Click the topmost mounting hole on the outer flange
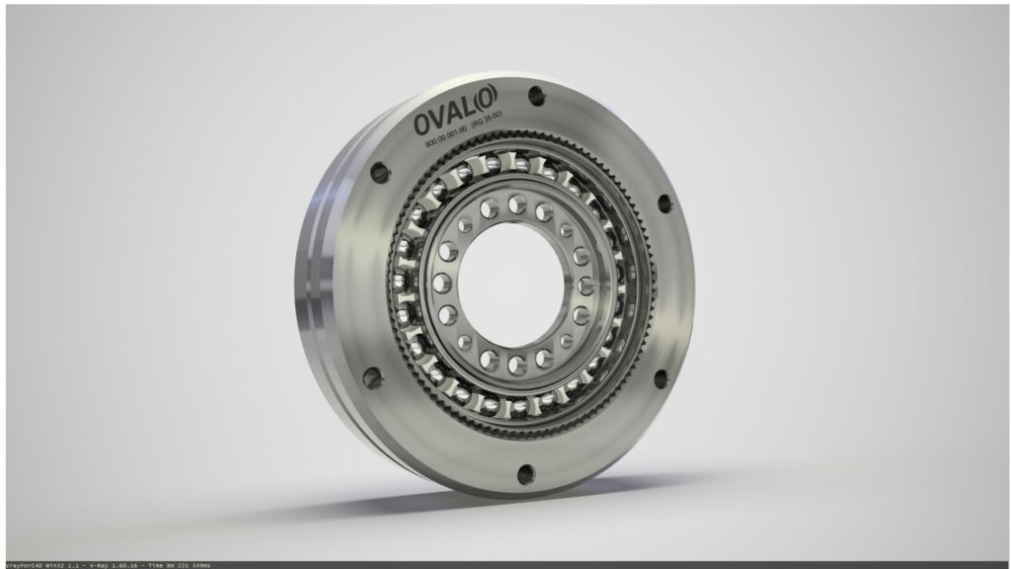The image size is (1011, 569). point(536,96)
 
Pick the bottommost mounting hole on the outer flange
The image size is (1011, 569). point(525,472)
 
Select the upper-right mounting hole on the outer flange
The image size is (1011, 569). point(663,203)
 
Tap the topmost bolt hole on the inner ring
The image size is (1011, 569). point(515,203)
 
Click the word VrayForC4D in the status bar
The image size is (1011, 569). point(21,564)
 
